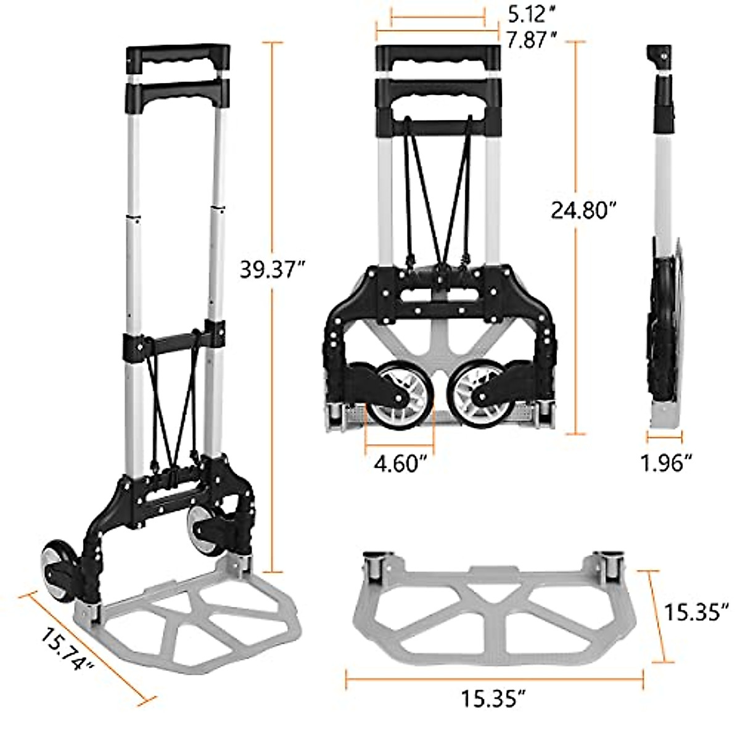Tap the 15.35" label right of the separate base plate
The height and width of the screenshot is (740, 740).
[x=692, y=612]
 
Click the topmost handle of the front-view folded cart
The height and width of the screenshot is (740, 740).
[x=437, y=58]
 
